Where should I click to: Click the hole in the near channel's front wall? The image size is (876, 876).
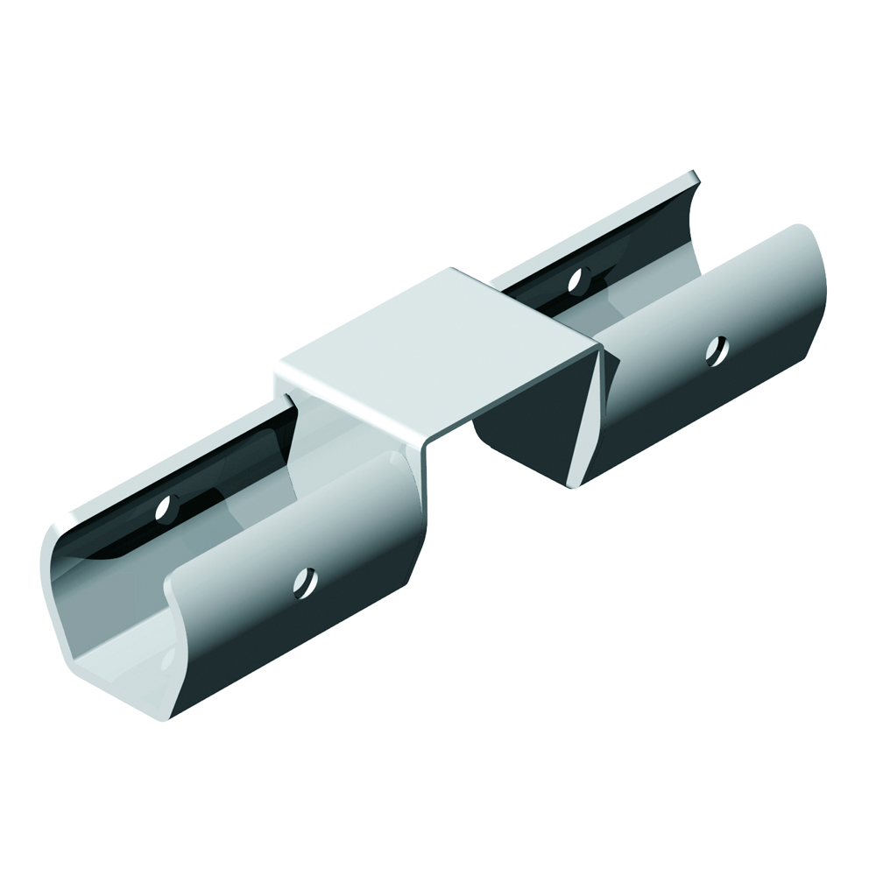(x=305, y=580)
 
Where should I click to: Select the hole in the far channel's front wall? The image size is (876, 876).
(x=717, y=351)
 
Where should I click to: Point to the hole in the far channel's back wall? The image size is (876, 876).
(x=576, y=280)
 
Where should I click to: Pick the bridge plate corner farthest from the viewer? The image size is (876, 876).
(x=450, y=270)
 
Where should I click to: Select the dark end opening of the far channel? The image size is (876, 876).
(x=526, y=412)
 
